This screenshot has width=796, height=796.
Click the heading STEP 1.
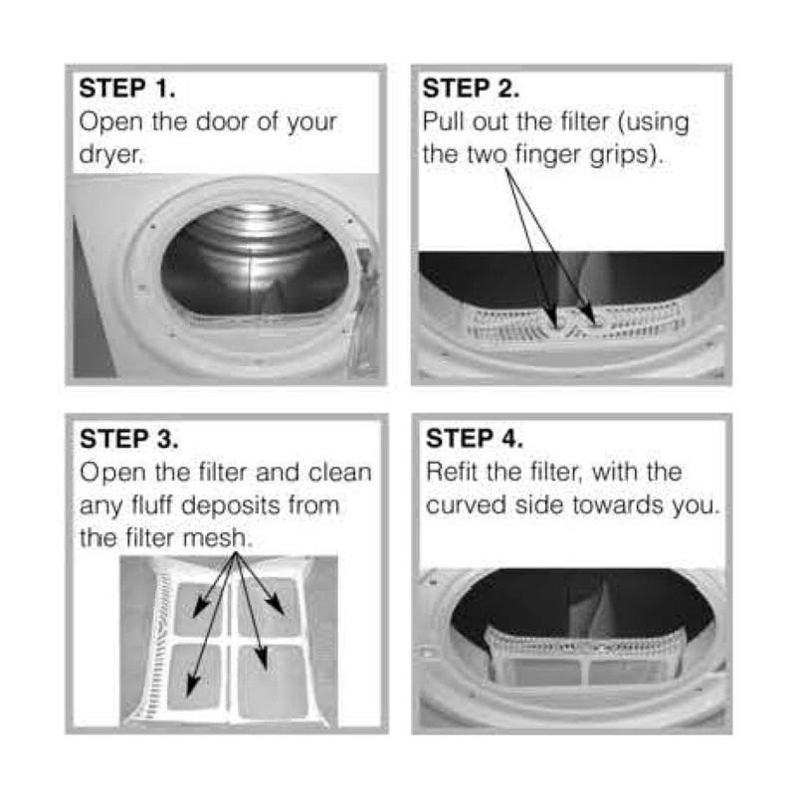[127, 89]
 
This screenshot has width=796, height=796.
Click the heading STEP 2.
[471, 89]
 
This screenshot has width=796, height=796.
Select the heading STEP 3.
[129, 439]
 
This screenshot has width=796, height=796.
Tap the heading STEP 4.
[475, 439]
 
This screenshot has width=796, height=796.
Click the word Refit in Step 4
[454, 472]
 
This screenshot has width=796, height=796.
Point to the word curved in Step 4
[466, 504]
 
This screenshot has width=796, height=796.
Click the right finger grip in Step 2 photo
[595, 320]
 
